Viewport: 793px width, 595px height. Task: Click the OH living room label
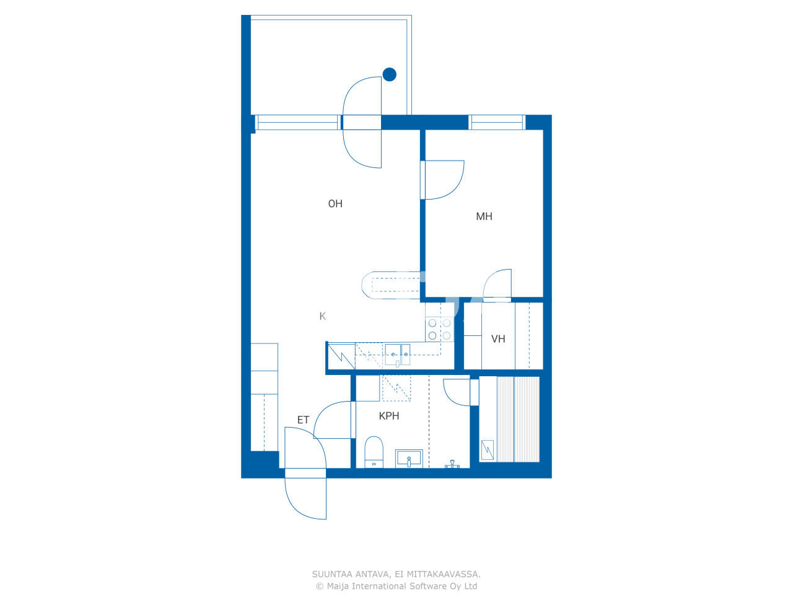[x=335, y=204]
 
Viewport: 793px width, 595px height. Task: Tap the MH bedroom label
[x=484, y=216]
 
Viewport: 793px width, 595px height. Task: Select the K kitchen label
[x=322, y=316]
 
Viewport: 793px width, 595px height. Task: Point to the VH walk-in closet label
[x=498, y=339]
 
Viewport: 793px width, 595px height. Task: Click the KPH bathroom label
[x=389, y=416]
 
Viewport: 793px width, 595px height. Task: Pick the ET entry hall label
[x=303, y=420]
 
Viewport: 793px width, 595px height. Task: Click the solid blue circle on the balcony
[x=390, y=74]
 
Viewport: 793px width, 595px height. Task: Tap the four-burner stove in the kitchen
[x=439, y=329]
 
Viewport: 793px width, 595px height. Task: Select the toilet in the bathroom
[x=374, y=451]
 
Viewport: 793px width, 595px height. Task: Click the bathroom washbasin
[x=409, y=458]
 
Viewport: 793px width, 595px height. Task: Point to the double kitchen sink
[x=397, y=355]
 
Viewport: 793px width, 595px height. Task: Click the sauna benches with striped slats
[x=518, y=419]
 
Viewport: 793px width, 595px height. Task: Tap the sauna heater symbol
[x=488, y=449]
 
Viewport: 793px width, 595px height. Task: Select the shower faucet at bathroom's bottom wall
[x=452, y=464]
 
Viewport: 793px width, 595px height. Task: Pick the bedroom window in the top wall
[x=497, y=123]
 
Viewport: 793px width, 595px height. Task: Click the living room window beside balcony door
[x=297, y=123]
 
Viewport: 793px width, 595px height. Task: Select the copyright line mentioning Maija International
[x=396, y=586]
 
